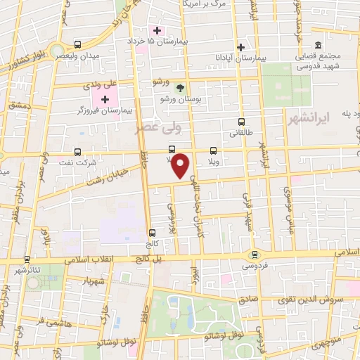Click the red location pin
tap(183, 166)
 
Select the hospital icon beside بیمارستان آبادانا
tap(241, 47)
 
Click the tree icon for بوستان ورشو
tap(180, 89)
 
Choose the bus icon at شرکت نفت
tap(77, 151)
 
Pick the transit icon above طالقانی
tap(242, 121)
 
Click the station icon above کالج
tap(152, 233)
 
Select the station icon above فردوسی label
tap(255, 255)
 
